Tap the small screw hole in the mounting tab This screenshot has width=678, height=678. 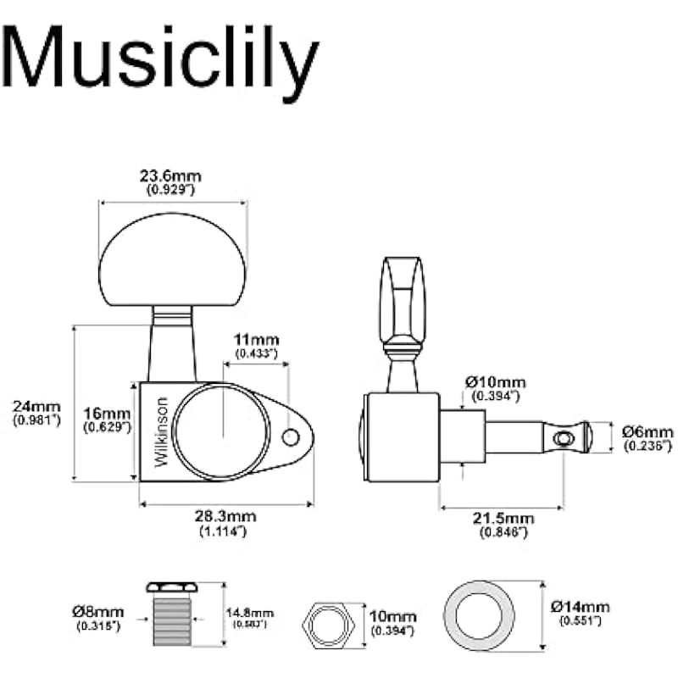tap(291, 437)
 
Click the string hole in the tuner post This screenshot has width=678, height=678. tap(560, 438)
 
